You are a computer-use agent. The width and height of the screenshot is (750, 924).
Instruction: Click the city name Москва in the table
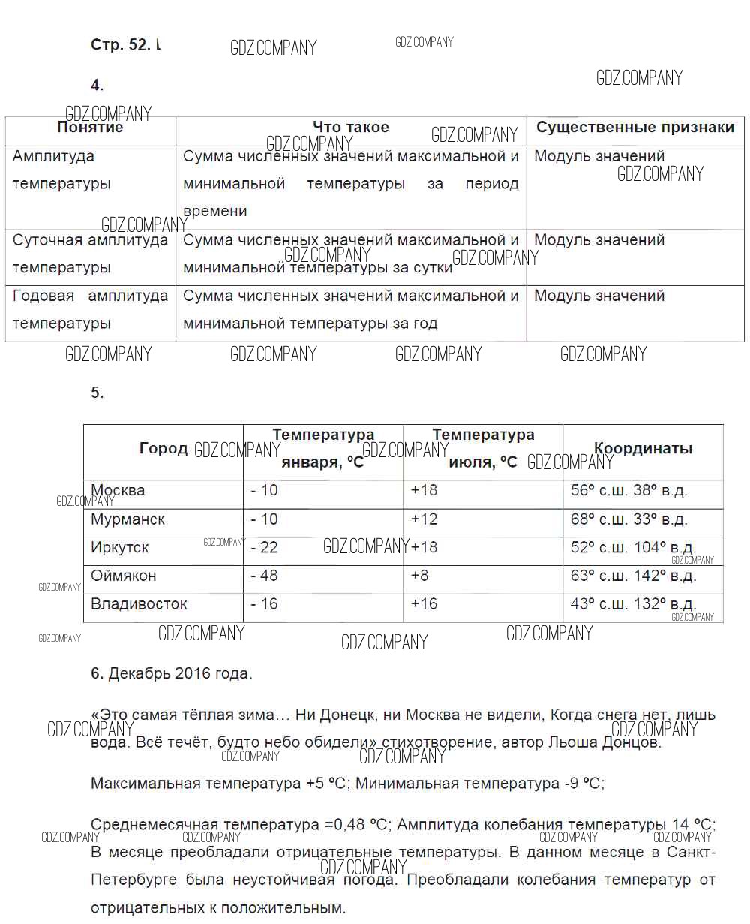click(x=118, y=491)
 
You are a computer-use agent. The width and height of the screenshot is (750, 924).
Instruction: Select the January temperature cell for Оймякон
click(x=264, y=576)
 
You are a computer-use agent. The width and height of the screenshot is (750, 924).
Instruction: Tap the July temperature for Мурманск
click(x=424, y=519)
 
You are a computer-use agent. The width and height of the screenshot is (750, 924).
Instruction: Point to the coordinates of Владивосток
click(x=633, y=604)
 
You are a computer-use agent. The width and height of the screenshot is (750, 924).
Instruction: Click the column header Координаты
click(x=643, y=449)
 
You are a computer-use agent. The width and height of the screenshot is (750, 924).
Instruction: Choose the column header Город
click(x=163, y=449)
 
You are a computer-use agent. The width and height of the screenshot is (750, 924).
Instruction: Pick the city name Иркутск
click(x=120, y=548)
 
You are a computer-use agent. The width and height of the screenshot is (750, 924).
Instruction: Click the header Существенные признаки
click(x=635, y=128)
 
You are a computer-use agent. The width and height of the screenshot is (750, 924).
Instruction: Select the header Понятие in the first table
click(x=90, y=128)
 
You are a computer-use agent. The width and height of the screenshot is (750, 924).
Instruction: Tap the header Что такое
click(x=351, y=128)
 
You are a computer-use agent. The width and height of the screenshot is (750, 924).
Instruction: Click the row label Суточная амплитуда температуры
click(x=90, y=254)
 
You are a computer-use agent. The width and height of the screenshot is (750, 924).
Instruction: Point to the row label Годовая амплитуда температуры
click(x=90, y=309)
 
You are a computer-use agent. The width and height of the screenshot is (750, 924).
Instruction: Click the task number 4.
click(x=97, y=85)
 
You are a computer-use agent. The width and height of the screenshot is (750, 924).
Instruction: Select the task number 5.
click(x=97, y=393)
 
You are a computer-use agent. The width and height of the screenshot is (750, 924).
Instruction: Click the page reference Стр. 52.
click(x=120, y=44)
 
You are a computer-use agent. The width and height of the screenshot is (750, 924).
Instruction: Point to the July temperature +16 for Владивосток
click(x=424, y=604)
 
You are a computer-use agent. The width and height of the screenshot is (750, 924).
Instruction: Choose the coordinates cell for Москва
click(x=628, y=491)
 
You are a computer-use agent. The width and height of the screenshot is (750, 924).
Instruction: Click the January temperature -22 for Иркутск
click(x=264, y=548)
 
